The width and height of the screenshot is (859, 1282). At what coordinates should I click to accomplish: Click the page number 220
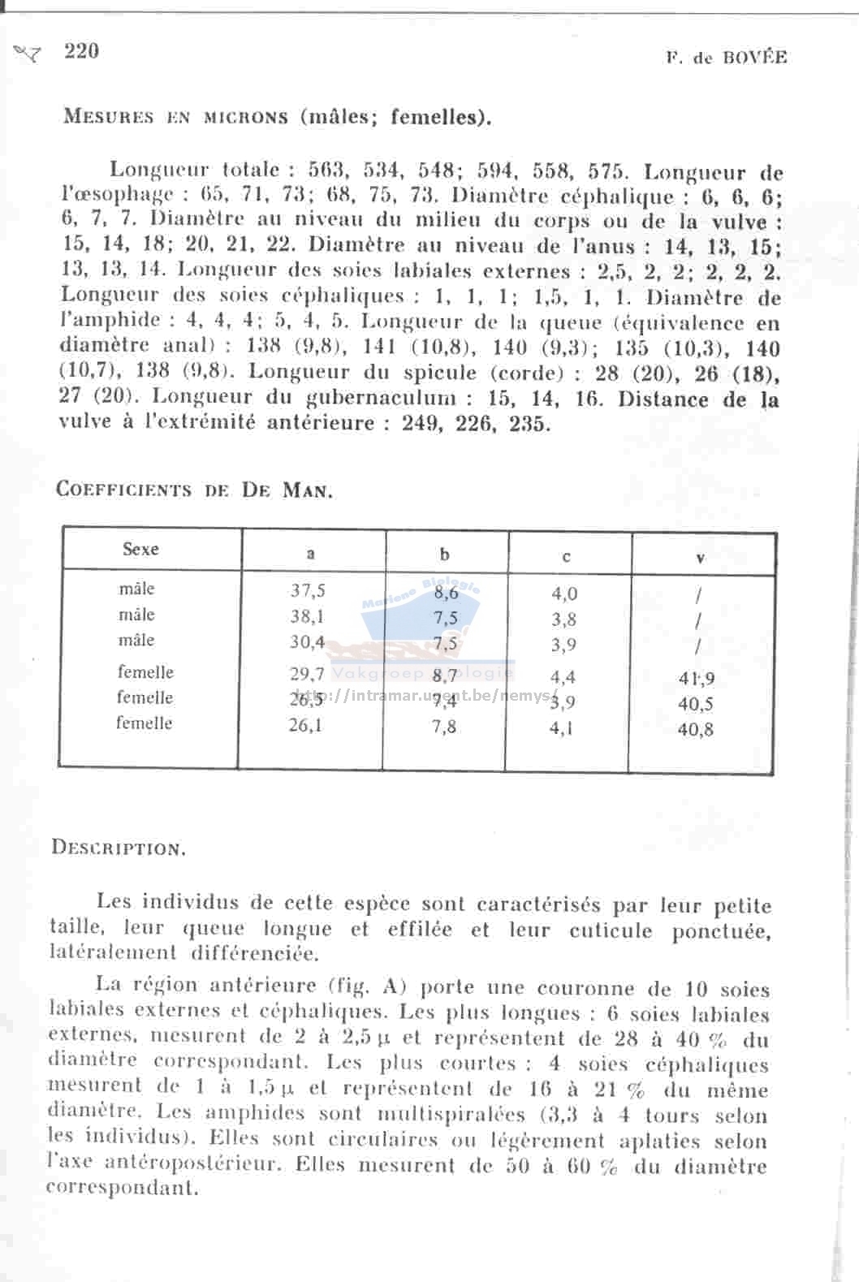pos(81,51)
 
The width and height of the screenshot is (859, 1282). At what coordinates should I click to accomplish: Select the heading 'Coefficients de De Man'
pos(194,490)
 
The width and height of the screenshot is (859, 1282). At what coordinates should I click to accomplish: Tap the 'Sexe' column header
pos(140,550)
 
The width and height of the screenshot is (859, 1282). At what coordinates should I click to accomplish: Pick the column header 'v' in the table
pos(700,558)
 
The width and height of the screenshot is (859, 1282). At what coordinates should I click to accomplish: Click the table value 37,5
pos(308,591)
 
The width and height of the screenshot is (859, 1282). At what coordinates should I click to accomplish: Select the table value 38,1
pos(307,616)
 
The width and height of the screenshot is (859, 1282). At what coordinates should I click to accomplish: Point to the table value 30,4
pos(307,642)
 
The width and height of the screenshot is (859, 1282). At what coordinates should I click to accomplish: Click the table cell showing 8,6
pos(446,594)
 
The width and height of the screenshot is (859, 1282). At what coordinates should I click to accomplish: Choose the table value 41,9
pos(697,679)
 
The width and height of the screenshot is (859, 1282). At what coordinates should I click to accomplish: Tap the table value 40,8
pos(696,730)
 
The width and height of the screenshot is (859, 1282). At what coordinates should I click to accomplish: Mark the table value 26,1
pos(305,725)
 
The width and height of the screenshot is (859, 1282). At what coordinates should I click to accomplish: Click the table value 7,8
pos(444,727)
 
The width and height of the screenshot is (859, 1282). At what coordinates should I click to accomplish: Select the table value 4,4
pos(563,677)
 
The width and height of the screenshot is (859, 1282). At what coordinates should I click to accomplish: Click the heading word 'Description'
pos(119,848)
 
